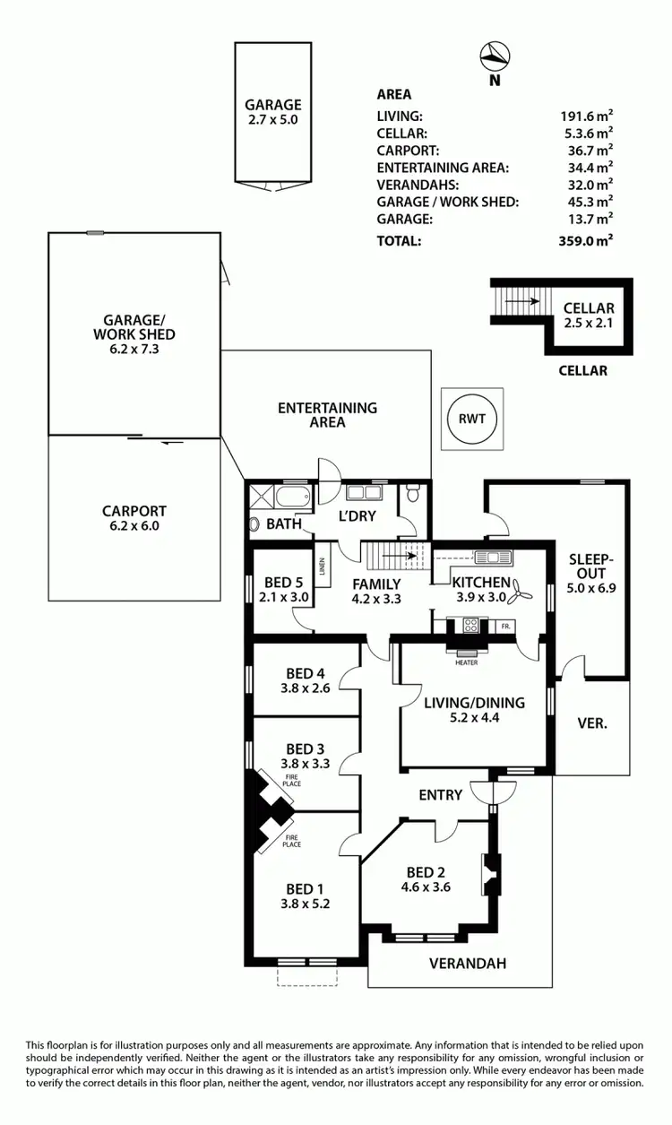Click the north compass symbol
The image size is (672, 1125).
pyautogui.click(x=493, y=56)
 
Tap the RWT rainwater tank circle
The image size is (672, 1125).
pyautogui.click(x=471, y=419)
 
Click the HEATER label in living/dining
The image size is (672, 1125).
pyautogui.click(x=466, y=662)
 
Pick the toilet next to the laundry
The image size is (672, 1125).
pyautogui.click(x=413, y=493)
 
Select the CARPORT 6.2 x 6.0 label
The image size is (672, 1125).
pyautogui.click(x=134, y=519)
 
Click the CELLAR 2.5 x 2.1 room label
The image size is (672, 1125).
pyautogui.click(x=589, y=316)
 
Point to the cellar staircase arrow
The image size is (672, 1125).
pyautogui.click(x=521, y=302)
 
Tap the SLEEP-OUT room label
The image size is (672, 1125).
pyautogui.click(x=587, y=573)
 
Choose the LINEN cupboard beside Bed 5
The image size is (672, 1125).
pyautogui.click(x=320, y=567)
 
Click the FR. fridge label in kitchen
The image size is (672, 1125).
pyautogui.click(x=505, y=626)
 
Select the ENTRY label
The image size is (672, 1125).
pyautogui.click(x=441, y=795)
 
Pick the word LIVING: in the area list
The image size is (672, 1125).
pyautogui.click(x=400, y=116)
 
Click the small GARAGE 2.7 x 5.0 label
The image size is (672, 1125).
pyautogui.click(x=273, y=111)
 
